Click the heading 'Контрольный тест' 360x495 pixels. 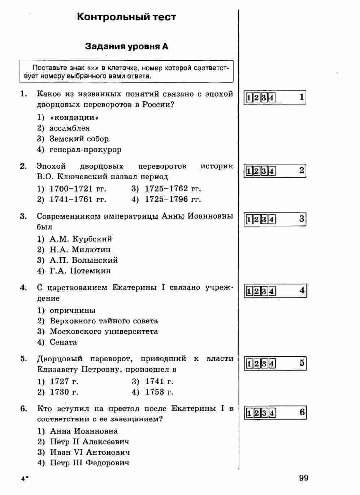[x=126, y=17]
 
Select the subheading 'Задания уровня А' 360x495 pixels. [x=126, y=47]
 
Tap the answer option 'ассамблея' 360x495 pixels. [x=70, y=128]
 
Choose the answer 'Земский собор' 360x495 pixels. [x=79, y=139]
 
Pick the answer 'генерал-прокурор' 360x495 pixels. [x=85, y=150]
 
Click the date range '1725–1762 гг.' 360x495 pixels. [x=173, y=189]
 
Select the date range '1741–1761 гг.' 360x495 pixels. [x=78, y=199]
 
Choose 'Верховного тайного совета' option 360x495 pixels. [x=104, y=321]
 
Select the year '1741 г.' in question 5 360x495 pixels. [x=159, y=381]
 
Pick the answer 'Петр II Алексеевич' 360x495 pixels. [x=90, y=442]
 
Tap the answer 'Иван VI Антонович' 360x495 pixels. [x=90, y=452]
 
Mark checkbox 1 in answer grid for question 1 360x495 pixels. [x=249, y=98]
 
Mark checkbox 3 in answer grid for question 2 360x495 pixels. [x=264, y=171]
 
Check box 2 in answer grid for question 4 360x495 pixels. [x=257, y=291]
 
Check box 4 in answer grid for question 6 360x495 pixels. [x=272, y=413]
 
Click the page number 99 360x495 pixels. [x=304, y=478]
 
